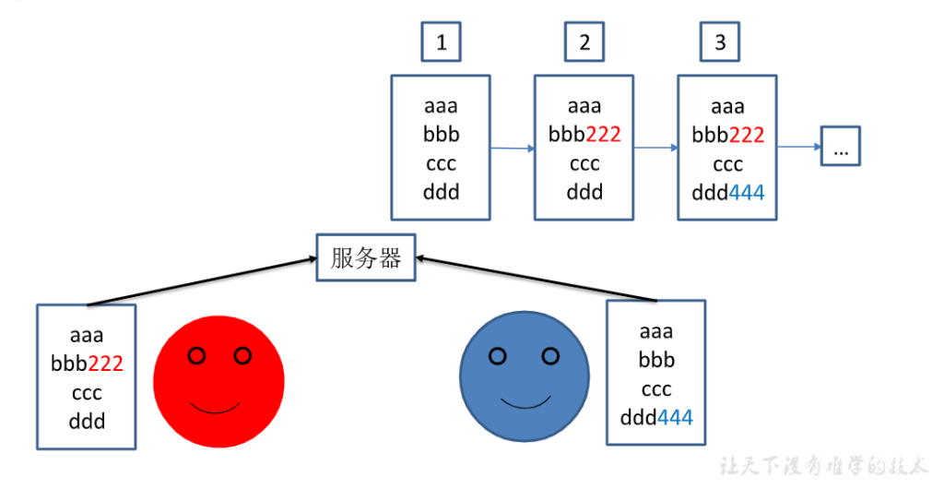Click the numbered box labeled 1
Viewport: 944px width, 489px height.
coord(441,42)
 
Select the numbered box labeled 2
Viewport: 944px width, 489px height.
coord(584,42)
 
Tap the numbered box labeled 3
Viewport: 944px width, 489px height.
coord(719,42)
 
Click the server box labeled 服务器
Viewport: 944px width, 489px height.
coord(366,257)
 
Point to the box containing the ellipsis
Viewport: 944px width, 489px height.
coord(841,146)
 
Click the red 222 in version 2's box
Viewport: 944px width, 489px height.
coord(603,136)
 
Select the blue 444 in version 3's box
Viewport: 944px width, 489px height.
coord(747,193)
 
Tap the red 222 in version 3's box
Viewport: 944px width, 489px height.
coord(747,136)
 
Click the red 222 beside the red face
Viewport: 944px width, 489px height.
coord(105,364)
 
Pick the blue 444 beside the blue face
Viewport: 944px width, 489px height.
coord(675,418)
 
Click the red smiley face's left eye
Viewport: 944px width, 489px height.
coord(195,355)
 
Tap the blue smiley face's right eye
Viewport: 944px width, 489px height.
coord(550,355)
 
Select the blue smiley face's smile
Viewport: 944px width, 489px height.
coord(525,402)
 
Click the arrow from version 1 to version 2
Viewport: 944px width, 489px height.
coord(513,147)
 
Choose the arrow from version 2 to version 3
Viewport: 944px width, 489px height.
coord(655,147)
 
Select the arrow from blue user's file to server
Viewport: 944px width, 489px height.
coord(535,280)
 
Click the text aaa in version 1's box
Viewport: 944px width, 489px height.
coord(441,107)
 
